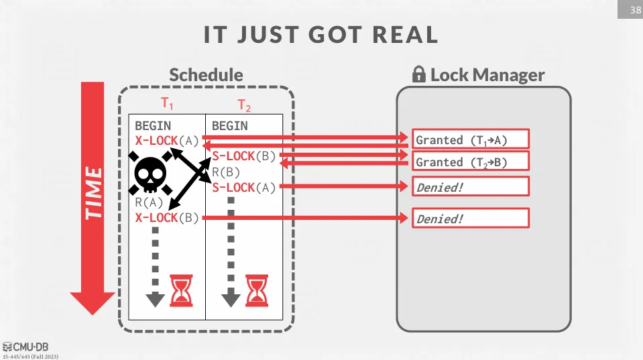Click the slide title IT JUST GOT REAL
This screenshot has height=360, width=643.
321,36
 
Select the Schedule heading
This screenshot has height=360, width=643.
206,74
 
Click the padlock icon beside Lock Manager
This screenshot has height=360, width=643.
419,74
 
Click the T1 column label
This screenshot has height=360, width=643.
167,104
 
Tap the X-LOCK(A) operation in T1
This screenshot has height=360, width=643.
166,141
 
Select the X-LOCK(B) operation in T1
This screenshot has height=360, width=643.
166,218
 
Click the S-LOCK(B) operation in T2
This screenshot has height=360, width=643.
243,156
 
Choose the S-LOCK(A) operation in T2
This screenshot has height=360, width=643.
243,187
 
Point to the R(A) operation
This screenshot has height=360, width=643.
149,202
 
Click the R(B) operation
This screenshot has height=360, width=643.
226,172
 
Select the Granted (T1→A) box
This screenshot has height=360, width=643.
471,139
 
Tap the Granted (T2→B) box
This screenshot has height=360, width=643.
471,162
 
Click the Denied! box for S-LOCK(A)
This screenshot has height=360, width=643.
471,187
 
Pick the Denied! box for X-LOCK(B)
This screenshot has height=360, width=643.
471,219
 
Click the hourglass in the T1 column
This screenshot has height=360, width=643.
180,290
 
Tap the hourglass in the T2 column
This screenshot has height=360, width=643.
255,290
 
